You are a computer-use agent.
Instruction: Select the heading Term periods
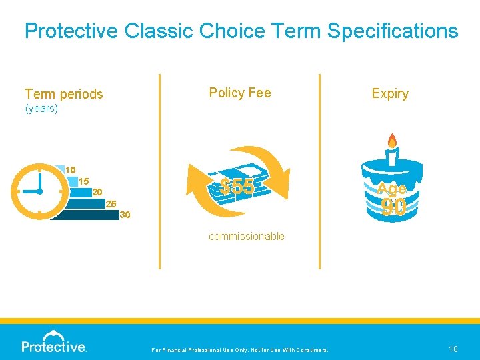64,94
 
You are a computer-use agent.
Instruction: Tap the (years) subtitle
41,108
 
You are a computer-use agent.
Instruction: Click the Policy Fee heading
240,93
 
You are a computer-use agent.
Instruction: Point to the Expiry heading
390,93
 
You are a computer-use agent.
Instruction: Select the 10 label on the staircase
70,170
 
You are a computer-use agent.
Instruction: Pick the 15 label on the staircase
83,181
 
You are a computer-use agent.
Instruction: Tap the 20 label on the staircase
97,192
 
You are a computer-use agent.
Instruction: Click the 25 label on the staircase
111,203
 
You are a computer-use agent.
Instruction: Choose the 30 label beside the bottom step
125,215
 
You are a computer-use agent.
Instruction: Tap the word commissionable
246,236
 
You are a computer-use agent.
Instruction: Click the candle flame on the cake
392,141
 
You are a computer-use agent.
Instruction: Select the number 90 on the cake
394,208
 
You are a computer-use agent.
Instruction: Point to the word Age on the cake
392,189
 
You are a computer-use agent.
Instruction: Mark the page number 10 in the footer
453,349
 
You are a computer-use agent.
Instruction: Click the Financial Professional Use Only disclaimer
240,350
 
